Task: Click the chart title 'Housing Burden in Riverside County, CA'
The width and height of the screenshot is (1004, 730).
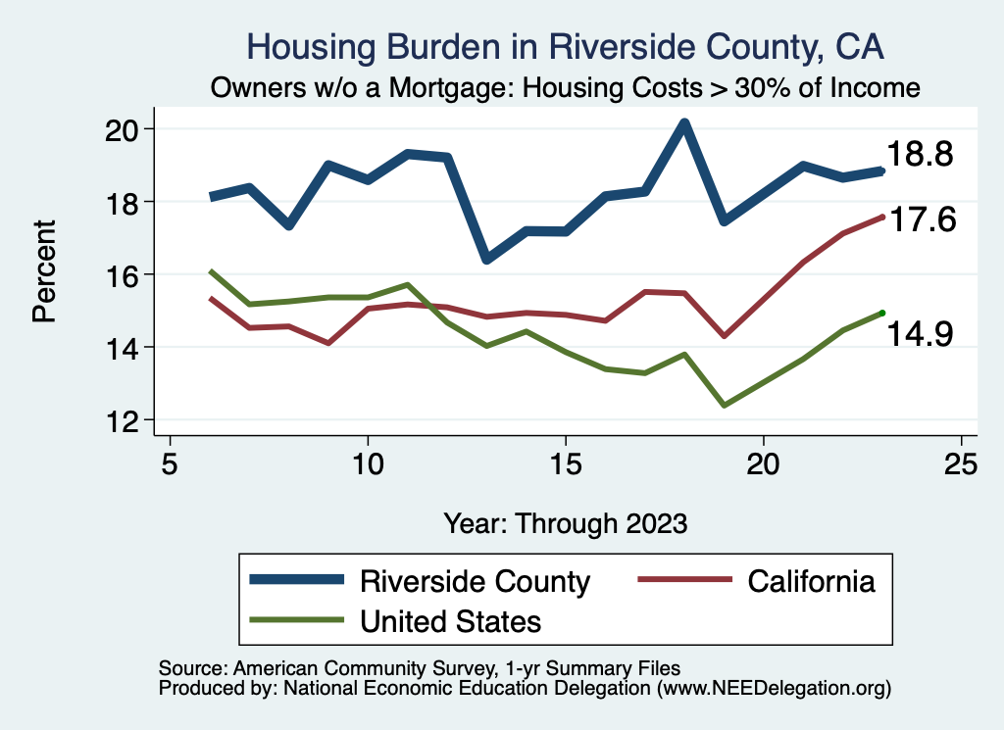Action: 566,46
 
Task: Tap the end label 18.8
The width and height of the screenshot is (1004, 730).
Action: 920,154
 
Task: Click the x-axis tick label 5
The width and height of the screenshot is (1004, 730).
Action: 170,464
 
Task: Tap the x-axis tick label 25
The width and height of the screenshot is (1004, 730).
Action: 961,464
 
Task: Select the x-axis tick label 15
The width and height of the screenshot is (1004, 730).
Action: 565,464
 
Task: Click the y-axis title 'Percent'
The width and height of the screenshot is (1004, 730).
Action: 44,274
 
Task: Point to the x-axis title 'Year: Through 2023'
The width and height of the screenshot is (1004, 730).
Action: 565,522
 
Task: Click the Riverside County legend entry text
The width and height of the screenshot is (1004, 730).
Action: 476,581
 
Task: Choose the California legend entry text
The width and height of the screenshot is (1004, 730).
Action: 811,581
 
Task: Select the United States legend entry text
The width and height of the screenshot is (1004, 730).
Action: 451,621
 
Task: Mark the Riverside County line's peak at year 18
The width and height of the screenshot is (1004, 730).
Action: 684,124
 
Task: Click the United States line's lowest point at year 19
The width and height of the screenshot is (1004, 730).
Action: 724,405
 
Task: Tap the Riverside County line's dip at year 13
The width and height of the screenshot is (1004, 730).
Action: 486,259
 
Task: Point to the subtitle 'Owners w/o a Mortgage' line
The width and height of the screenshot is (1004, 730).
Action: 566,87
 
